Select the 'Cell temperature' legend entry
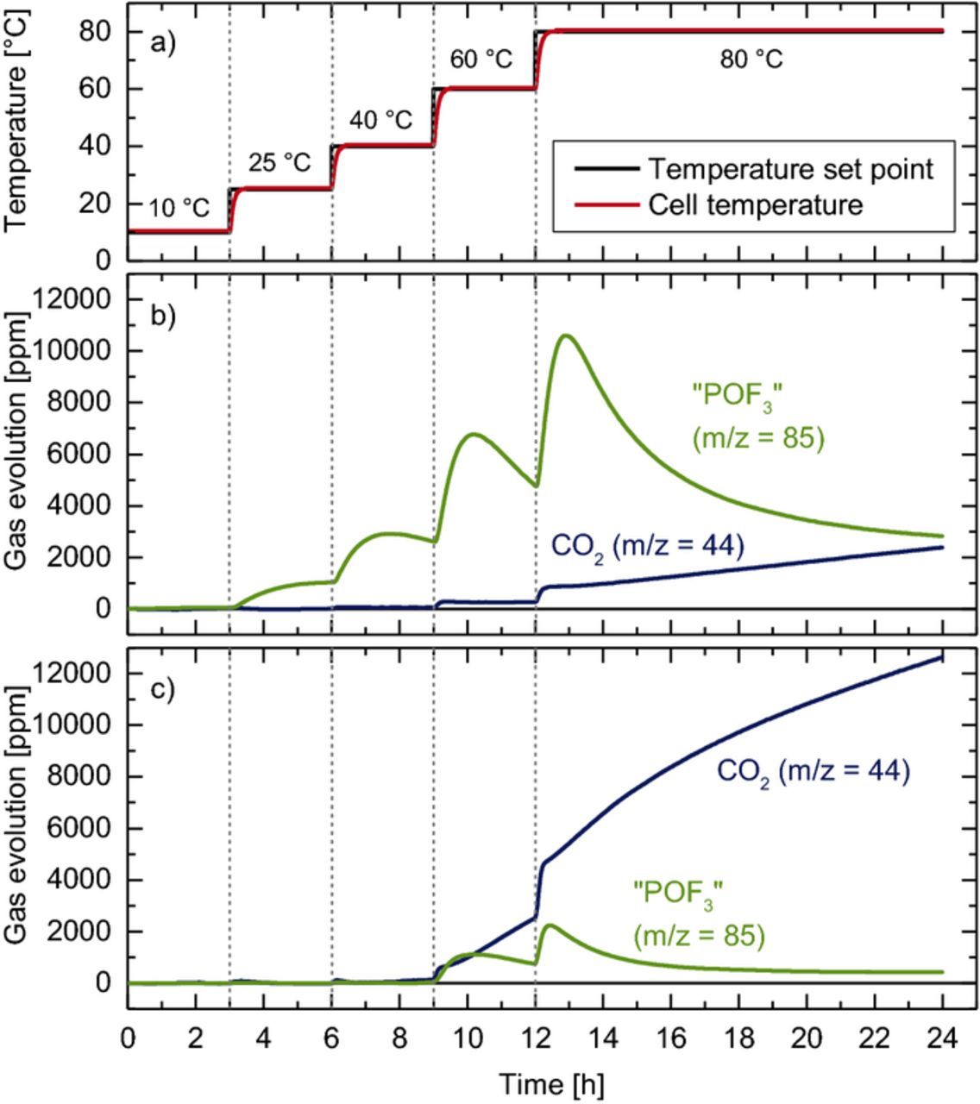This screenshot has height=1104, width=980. (755, 205)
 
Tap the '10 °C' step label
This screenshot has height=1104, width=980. (178, 209)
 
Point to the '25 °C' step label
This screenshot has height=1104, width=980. (279, 163)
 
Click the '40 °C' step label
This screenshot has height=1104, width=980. (380, 120)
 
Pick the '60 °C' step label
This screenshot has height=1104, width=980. (481, 60)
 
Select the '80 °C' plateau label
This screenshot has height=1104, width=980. (751, 60)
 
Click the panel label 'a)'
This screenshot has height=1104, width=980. (162, 42)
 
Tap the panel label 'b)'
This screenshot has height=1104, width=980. (162, 314)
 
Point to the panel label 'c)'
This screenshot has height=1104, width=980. (162, 689)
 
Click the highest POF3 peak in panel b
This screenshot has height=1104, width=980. (566, 336)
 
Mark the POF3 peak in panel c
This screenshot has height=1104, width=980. (550, 925)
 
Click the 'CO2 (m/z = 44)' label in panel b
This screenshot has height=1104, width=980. (646, 546)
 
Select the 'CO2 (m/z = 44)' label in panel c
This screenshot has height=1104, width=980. (813, 771)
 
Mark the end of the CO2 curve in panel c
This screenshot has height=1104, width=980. (941, 658)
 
